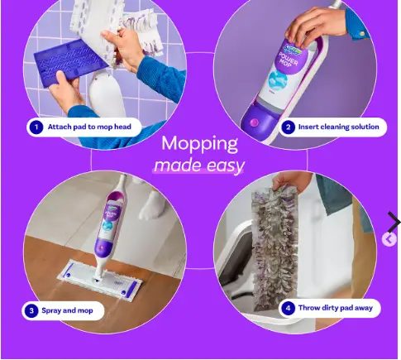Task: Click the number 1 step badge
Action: click(36, 127)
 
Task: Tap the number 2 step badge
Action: click(289, 127)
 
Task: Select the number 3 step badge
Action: click(31, 310)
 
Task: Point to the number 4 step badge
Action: click(289, 308)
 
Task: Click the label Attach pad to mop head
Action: click(89, 127)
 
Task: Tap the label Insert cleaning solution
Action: click(339, 127)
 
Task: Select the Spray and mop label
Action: click(67, 310)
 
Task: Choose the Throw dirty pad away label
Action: click(336, 308)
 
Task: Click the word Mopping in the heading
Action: click(199, 144)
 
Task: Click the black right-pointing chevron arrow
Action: click(394, 222)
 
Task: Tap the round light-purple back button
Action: click(389, 239)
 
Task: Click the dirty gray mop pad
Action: click(274, 248)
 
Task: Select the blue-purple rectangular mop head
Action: click(71, 64)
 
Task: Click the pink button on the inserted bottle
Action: click(254, 122)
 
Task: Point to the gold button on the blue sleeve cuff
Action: click(362, 34)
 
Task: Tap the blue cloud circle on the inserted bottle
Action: click(278, 80)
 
